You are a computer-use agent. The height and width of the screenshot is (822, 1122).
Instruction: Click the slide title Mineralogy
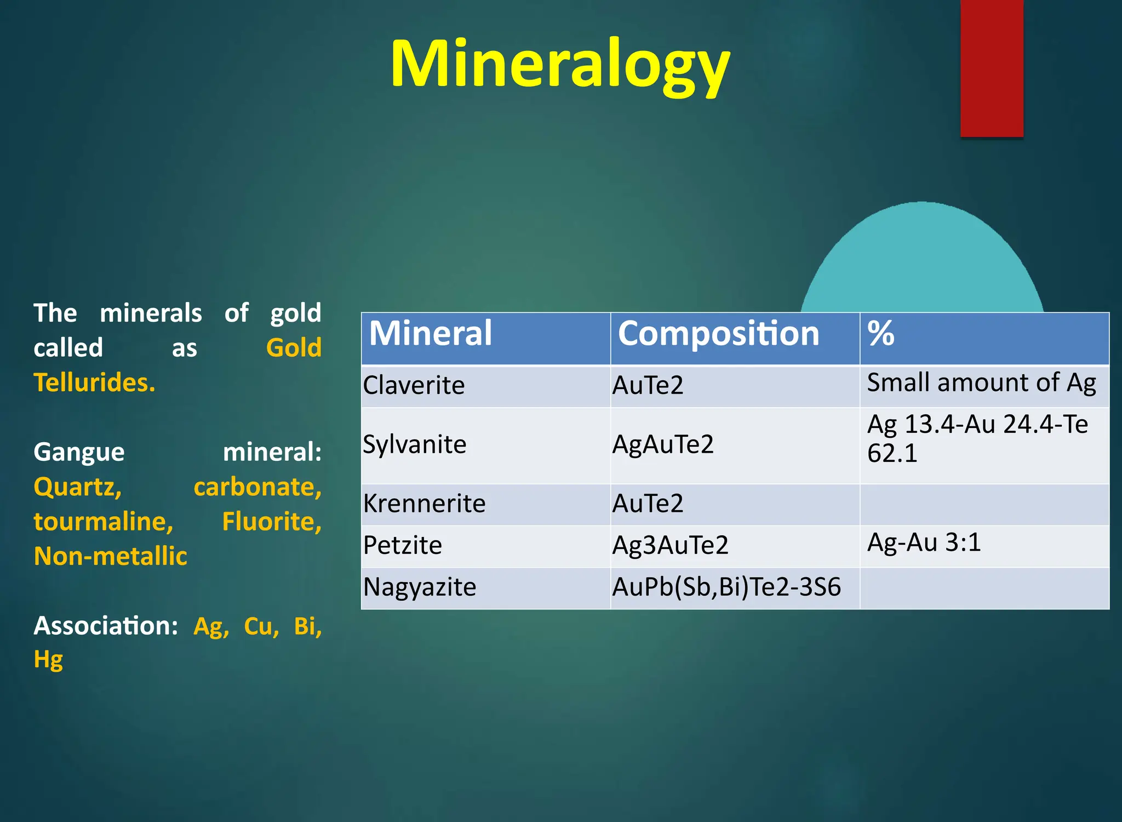coord(560,65)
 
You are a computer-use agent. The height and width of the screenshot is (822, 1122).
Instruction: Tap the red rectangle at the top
coord(992,68)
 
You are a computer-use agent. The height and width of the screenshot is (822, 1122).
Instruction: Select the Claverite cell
coord(414,385)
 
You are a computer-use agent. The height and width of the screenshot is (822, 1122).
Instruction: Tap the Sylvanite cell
coord(415,444)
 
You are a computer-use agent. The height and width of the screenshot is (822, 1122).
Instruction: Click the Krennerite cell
coord(425,504)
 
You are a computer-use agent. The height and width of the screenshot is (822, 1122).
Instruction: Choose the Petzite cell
coord(403,545)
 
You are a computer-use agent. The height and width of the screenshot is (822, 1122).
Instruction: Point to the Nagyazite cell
coord(420,587)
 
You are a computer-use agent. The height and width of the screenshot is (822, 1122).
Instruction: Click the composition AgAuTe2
coord(663,444)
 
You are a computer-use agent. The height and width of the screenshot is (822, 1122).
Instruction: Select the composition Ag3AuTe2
coord(671,545)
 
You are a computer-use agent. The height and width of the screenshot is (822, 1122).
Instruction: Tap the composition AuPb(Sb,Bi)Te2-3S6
coord(726,587)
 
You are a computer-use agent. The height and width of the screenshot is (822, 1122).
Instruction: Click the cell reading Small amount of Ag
coord(982,383)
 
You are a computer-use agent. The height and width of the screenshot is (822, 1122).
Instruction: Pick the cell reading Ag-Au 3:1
coord(924,543)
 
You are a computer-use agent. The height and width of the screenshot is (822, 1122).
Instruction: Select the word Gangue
coord(79,453)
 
